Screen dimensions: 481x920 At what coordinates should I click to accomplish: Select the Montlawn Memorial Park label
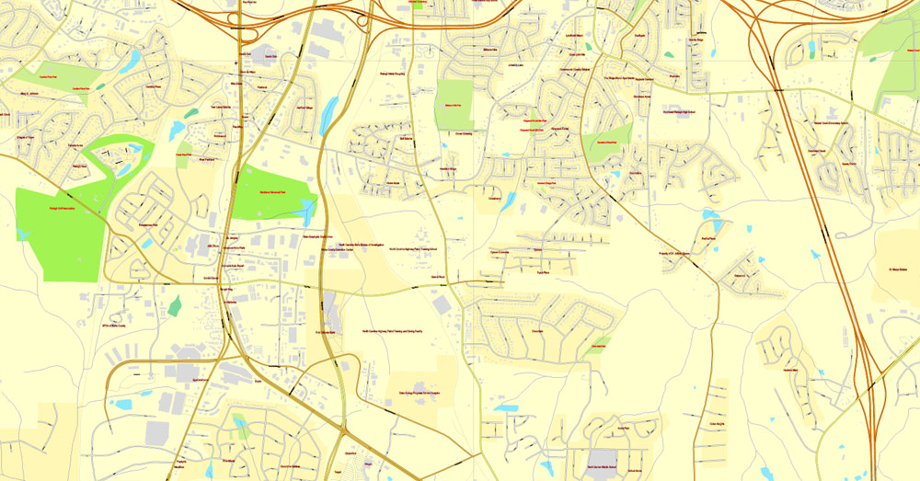[273, 190]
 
